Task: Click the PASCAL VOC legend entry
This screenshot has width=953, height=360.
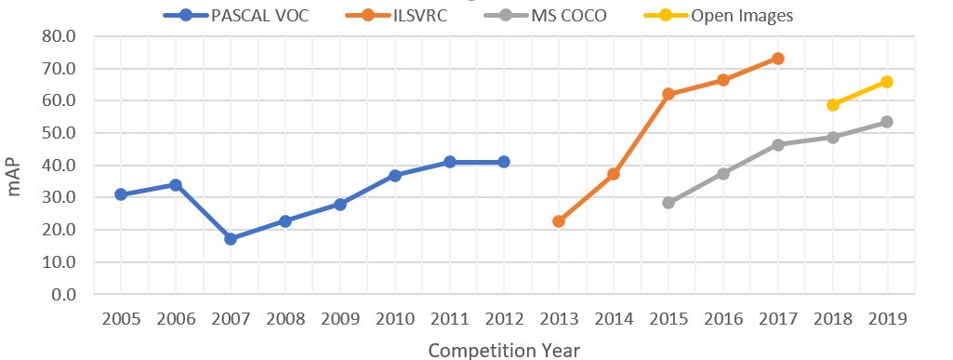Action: pos(247,16)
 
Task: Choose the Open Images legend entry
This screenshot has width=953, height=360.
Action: pos(740,16)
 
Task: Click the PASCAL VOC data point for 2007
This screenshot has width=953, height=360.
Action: pos(231,239)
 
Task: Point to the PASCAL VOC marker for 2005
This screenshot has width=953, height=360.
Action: pos(121,194)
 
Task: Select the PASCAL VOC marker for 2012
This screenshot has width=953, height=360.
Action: pos(504,162)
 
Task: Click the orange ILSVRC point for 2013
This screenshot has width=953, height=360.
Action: pos(559,221)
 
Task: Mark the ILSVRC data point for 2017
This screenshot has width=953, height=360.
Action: pos(778,59)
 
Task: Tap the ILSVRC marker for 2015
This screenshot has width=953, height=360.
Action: pos(668,94)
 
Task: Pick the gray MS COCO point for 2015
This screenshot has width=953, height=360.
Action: pos(668,203)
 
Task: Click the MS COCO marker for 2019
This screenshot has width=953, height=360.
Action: pos(887,122)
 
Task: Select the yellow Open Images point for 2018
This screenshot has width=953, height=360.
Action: pos(833,105)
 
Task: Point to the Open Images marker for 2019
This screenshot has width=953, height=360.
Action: pos(887,82)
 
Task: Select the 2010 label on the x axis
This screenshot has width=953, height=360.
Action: pos(394,319)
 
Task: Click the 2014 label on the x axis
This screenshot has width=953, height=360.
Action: pos(614,319)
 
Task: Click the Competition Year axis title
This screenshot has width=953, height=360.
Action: pos(504,350)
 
